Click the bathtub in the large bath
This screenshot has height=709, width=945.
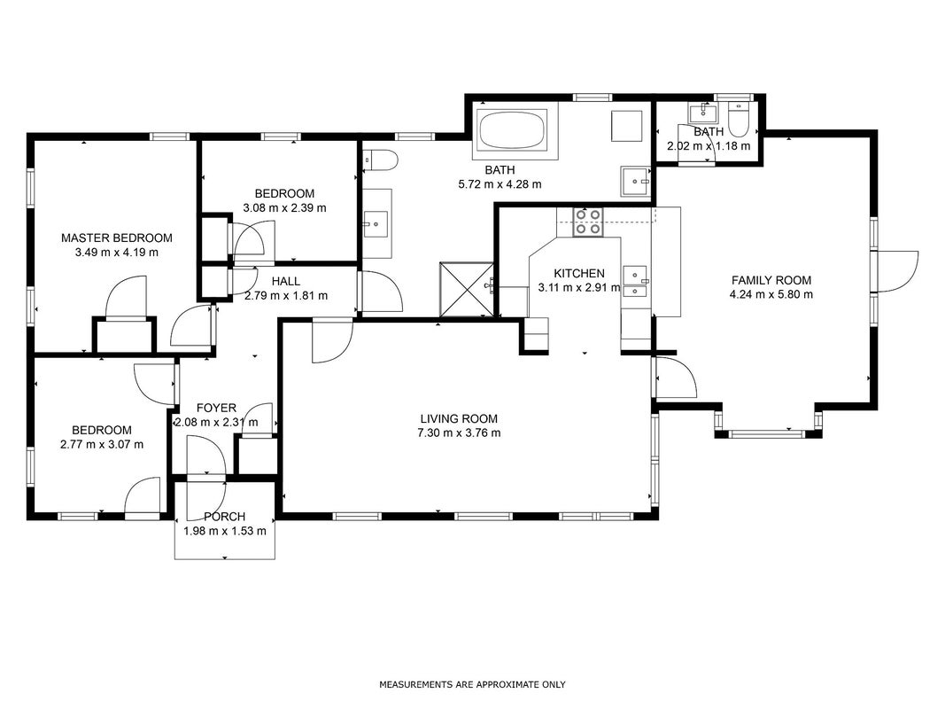tap(512, 129)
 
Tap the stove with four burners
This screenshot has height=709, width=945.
tap(587, 222)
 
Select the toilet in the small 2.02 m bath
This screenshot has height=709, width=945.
tap(739, 121)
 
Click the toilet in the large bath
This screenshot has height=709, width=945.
tap(381, 160)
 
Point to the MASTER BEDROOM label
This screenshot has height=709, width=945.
tap(117, 238)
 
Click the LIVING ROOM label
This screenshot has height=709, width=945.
tap(459, 418)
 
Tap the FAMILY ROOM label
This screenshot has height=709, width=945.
tap(771, 280)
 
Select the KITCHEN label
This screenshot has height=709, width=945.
tap(579, 273)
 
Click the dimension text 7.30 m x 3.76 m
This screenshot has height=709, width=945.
tap(459, 432)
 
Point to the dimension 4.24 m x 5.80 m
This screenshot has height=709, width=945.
tap(771, 295)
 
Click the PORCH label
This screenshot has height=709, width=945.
tap(224, 517)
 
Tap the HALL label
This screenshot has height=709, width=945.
tap(286, 281)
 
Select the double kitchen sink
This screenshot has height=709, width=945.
tap(635, 282)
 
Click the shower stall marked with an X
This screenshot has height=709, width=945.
tap(467, 290)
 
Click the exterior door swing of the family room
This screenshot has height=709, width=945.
tap(898, 271)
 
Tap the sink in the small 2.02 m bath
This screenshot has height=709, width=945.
tap(703, 113)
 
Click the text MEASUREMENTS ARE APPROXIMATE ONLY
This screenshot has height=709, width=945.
tap(473, 684)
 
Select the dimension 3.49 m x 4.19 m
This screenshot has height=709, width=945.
tap(117, 253)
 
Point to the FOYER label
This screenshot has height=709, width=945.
tap(216, 409)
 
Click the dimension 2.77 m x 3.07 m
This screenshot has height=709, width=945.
tap(102, 445)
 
